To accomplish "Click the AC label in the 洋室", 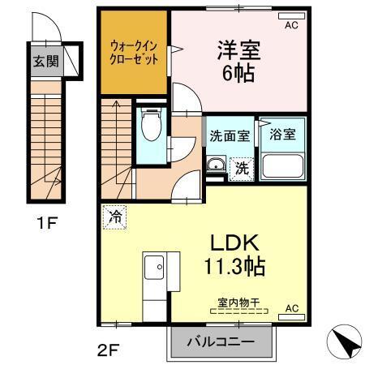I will click(x=290, y=26).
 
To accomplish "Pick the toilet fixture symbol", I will click(x=150, y=126).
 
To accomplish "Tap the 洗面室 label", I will click(x=230, y=136).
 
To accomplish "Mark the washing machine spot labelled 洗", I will click(x=242, y=169).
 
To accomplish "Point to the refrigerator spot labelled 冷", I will click(x=114, y=217).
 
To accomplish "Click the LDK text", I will click(x=234, y=242).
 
